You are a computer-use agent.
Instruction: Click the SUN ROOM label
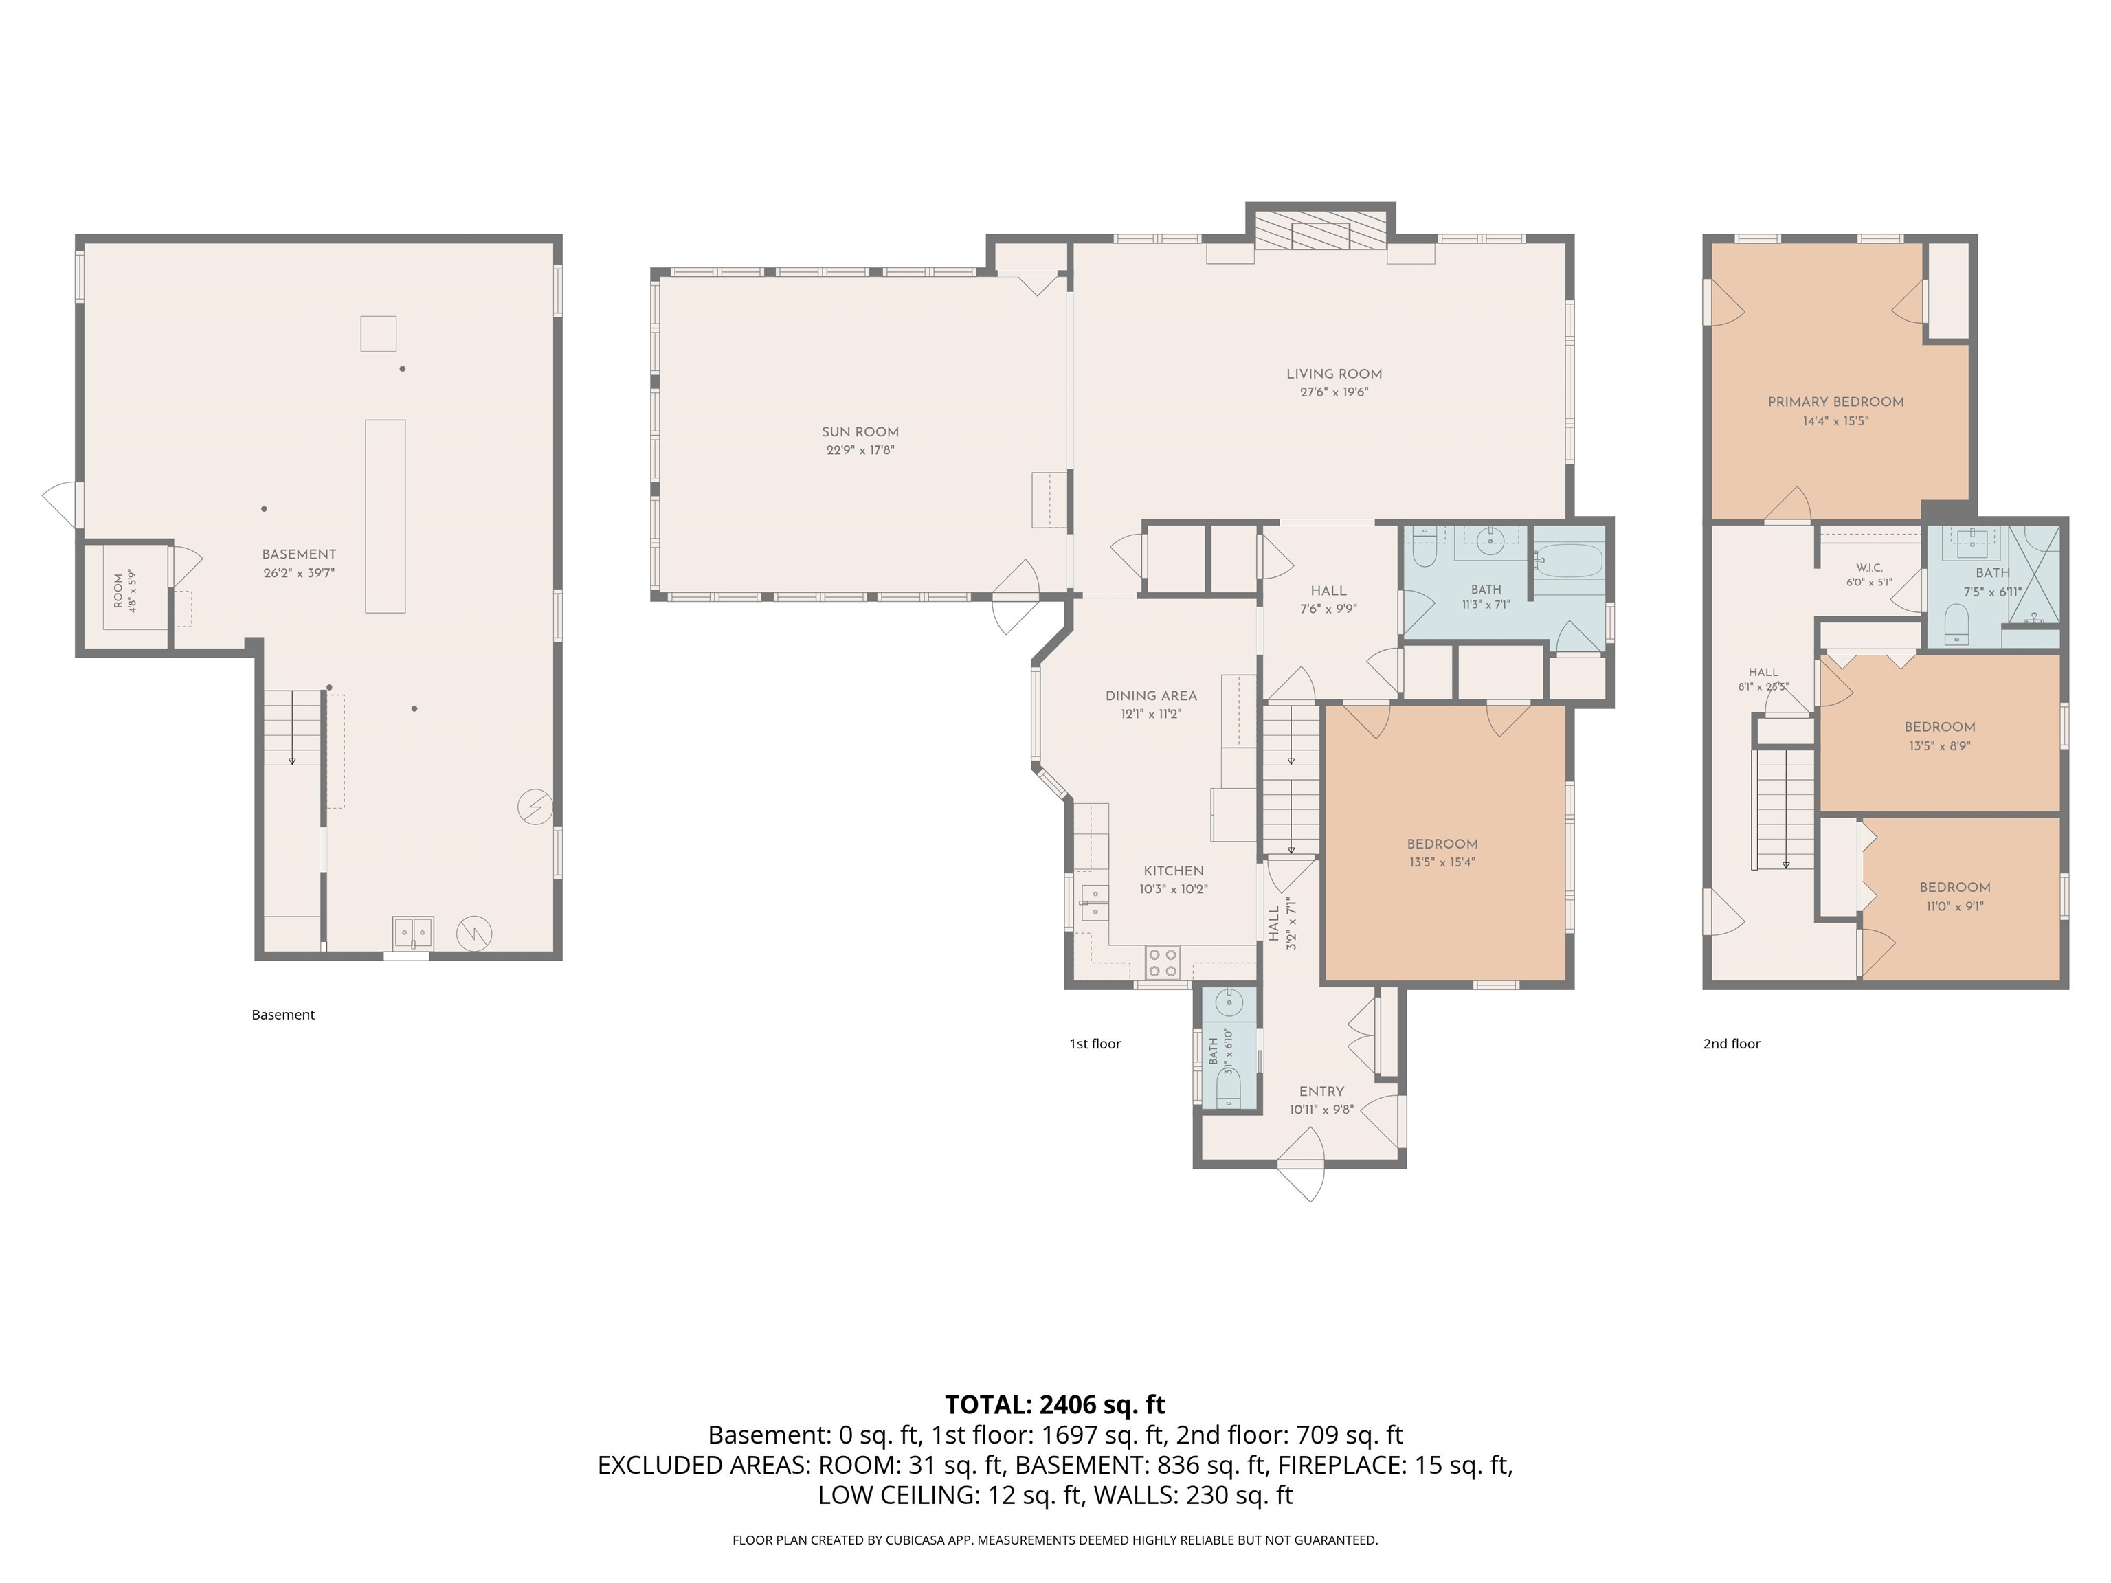point(860,432)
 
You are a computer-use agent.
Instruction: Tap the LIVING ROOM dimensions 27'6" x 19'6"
point(1334,391)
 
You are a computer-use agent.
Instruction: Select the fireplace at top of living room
point(1321,229)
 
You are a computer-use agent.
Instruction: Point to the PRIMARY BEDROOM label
point(1835,402)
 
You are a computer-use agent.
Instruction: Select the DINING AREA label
point(1151,695)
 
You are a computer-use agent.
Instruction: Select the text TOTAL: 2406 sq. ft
point(1055,1404)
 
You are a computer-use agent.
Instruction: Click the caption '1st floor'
point(1095,1044)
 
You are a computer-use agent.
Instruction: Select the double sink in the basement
point(412,931)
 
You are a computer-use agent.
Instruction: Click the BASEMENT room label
point(299,554)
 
